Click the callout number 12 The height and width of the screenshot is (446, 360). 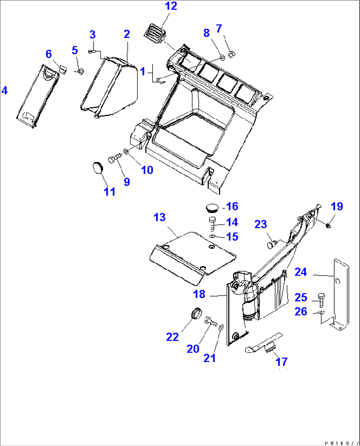(x=171, y=6)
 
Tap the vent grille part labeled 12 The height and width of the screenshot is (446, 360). (x=154, y=33)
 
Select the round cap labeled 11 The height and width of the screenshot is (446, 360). (x=97, y=168)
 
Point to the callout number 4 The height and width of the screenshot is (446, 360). (x=5, y=90)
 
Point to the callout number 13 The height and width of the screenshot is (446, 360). (x=160, y=217)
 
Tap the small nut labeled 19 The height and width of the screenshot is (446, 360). (x=328, y=225)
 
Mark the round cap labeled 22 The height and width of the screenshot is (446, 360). (x=196, y=313)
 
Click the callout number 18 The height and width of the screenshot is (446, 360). (x=199, y=294)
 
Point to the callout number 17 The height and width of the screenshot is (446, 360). (x=281, y=361)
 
